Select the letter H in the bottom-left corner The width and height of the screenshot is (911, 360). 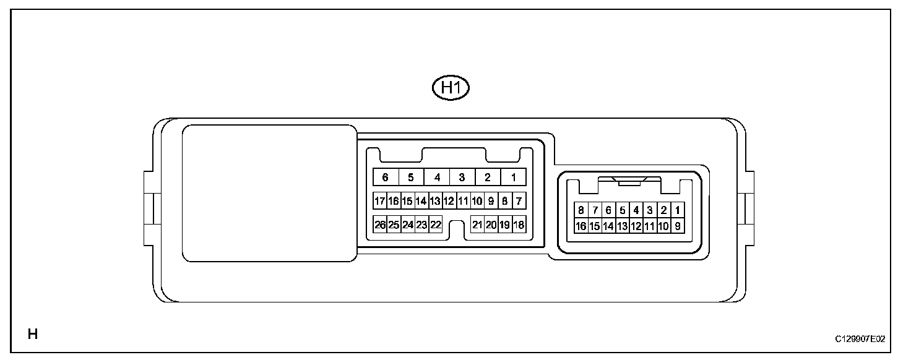[33, 335]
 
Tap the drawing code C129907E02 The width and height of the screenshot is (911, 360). [860, 339]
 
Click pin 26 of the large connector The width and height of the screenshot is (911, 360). [380, 225]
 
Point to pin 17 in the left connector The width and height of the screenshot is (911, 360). [380, 201]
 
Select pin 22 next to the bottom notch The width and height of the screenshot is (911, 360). [436, 225]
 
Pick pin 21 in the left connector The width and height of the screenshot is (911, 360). [477, 225]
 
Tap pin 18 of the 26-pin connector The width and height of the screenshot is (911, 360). [519, 225]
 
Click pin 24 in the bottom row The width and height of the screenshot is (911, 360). [408, 225]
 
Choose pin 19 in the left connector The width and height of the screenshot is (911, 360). [505, 225]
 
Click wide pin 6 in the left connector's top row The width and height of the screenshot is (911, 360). [385, 178]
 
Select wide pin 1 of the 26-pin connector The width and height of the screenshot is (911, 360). [514, 178]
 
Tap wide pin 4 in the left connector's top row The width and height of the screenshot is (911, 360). [437, 178]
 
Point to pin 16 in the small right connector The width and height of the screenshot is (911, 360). [581, 226]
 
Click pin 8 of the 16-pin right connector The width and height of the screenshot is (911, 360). [581, 210]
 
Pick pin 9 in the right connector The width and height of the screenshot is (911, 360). [678, 226]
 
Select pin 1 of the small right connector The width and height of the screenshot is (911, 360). [678, 210]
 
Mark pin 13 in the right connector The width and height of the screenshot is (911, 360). [622, 226]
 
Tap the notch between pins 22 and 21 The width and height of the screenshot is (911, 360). [457, 228]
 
